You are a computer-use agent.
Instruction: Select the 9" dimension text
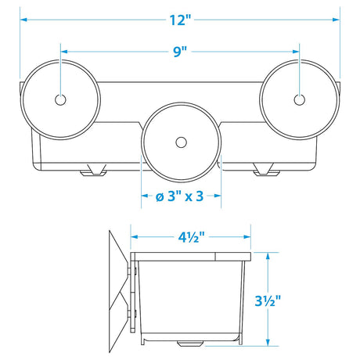180,52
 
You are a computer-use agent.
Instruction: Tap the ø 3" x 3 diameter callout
180,196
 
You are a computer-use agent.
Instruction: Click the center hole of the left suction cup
61,99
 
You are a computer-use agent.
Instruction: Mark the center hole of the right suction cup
298,99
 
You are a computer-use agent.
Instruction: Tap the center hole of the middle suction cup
181,142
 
